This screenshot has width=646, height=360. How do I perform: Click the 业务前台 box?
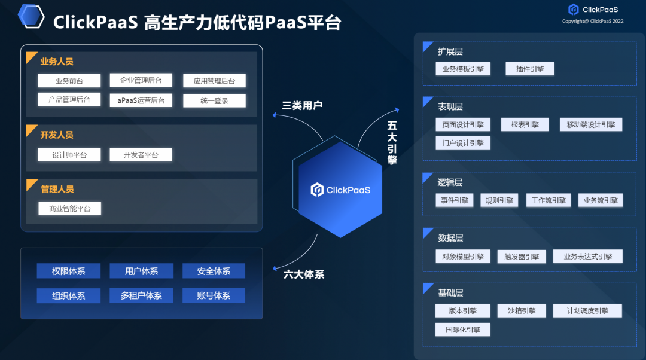(69, 81)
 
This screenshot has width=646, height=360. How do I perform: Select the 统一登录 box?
(214, 100)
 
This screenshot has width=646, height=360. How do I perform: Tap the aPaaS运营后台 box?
(141, 100)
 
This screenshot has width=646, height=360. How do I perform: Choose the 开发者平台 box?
(141, 155)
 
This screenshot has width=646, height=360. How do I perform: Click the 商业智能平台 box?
(69, 209)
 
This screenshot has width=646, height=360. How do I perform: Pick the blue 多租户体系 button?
(141, 295)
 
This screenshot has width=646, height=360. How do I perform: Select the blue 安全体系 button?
(214, 271)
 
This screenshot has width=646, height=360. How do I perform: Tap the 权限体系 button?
(69, 271)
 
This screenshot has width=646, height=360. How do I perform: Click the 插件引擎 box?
(530, 69)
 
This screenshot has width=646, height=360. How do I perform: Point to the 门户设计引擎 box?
(463, 143)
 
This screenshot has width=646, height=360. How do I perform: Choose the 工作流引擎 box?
(549, 200)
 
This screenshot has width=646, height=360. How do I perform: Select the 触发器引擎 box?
(522, 257)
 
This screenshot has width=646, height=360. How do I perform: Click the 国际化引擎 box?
(463, 330)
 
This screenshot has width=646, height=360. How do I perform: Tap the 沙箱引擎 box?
(522, 311)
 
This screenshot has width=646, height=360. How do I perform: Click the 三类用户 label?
(302, 106)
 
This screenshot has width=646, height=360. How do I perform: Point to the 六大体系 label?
(304, 274)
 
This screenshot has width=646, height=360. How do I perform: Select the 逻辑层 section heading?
(450, 182)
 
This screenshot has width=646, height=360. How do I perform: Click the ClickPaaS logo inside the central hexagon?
(340, 190)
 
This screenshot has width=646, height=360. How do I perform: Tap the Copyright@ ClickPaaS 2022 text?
(593, 21)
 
